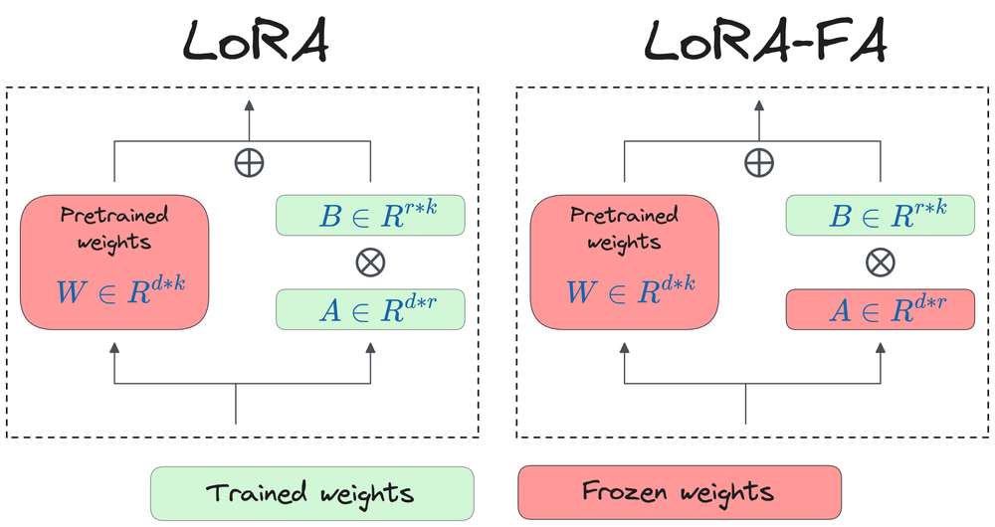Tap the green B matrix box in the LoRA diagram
point(370,216)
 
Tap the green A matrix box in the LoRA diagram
point(370,310)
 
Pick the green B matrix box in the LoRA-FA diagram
point(880,216)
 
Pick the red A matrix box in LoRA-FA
point(880,310)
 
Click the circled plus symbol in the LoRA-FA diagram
point(759,162)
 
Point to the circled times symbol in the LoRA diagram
point(370,263)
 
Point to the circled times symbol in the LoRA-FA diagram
point(880,263)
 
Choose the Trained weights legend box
point(310,492)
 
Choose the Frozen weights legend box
point(679,492)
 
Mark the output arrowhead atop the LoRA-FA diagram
point(759,105)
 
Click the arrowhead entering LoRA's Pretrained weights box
point(114,347)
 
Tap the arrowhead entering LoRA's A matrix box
point(370,347)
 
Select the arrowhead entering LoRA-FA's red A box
point(880,347)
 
